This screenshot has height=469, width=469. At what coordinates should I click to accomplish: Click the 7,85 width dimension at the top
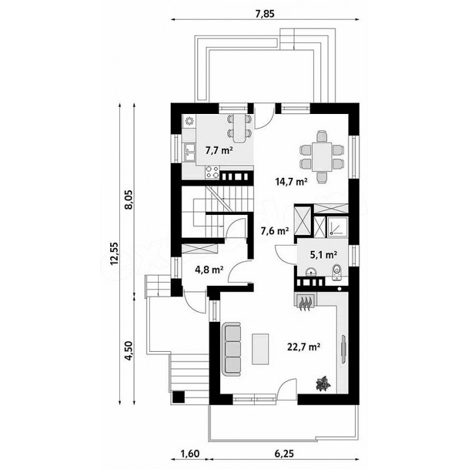[x=265, y=14]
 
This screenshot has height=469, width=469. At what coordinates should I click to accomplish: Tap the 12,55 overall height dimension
[x=114, y=253]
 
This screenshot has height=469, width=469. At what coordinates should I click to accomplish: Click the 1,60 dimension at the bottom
[x=190, y=453]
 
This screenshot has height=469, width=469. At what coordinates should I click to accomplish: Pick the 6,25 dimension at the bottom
[x=284, y=453]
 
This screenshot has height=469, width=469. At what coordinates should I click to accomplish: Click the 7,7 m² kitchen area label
[x=220, y=150]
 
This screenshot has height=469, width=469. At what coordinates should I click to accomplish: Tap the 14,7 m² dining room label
[x=292, y=181]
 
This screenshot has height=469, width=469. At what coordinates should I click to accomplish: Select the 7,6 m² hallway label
[x=275, y=231]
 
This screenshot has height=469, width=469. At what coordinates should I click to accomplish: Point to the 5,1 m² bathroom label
[x=324, y=255]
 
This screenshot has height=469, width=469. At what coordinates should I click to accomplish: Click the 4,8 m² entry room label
[x=209, y=270]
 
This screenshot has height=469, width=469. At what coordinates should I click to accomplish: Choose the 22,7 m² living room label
[x=304, y=347]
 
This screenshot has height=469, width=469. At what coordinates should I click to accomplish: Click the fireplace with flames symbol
[x=304, y=303]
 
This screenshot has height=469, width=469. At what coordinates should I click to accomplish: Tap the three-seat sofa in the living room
[x=231, y=348]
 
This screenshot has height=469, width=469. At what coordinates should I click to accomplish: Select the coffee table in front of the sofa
[x=260, y=349]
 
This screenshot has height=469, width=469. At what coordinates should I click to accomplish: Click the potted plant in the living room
[x=323, y=384]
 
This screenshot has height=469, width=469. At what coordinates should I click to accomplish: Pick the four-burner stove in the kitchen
[x=212, y=172]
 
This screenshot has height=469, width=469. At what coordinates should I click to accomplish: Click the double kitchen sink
[x=189, y=152]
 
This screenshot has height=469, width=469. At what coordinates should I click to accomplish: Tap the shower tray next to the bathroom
[x=337, y=227]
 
